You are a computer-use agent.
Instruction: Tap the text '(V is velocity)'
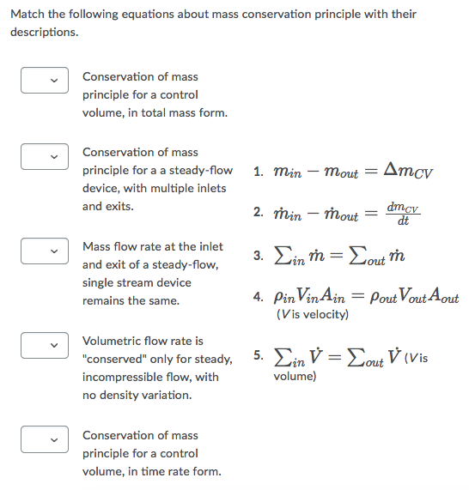tap(312, 315)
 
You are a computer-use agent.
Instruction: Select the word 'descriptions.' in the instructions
tap(44, 32)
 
